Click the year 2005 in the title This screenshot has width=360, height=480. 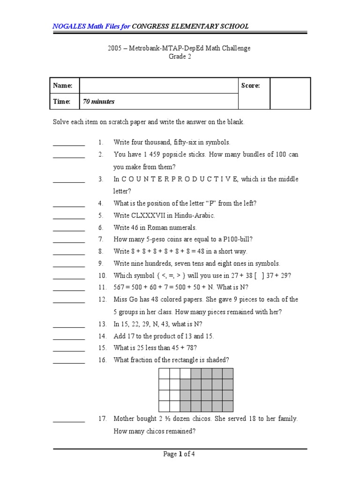[x=115, y=48]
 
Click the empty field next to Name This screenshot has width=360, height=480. [x=159, y=86]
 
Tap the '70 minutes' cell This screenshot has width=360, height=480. [x=99, y=101]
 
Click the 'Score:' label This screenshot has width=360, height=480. [x=250, y=86]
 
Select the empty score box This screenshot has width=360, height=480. [x=290, y=93]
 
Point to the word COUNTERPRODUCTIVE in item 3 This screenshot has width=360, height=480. [x=180, y=179]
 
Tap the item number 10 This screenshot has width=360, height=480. [x=103, y=276]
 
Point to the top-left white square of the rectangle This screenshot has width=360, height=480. [x=164, y=374]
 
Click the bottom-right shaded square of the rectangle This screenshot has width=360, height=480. [x=228, y=406]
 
